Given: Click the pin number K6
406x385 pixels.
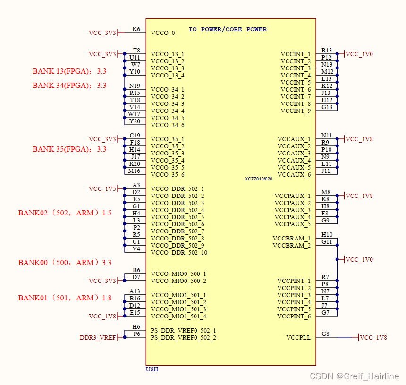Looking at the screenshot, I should (x=136, y=29).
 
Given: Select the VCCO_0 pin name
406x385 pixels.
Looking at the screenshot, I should (x=163, y=33).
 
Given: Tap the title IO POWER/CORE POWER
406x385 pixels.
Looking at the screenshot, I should (x=228, y=29).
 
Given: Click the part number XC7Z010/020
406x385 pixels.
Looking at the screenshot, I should (x=259, y=179).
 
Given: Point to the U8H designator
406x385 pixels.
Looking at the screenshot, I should (x=152, y=369).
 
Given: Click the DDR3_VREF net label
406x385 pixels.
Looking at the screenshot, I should (x=98, y=338).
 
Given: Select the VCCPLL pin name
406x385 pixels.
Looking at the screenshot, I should (x=298, y=337).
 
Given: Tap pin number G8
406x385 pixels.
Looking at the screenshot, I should (x=325, y=334).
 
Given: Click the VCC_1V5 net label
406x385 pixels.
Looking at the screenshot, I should (x=102, y=189).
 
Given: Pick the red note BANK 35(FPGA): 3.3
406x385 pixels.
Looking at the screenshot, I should (x=69, y=149).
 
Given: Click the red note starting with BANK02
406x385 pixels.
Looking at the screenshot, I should (x=65, y=213).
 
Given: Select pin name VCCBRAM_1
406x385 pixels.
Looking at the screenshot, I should (x=292, y=239).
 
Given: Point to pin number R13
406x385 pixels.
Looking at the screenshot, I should (x=327, y=51).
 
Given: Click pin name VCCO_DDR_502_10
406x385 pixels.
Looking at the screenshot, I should (x=179, y=253).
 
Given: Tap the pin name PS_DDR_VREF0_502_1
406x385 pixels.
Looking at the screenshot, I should (x=183, y=331).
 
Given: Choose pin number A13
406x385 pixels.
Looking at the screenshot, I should (x=135, y=291).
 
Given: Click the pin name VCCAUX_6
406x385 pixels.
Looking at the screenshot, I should (x=294, y=175).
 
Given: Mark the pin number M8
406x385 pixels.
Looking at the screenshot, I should (x=326, y=192).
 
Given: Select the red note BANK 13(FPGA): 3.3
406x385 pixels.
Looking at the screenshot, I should (x=69, y=72).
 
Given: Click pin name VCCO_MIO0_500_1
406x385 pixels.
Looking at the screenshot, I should (x=178, y=274).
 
